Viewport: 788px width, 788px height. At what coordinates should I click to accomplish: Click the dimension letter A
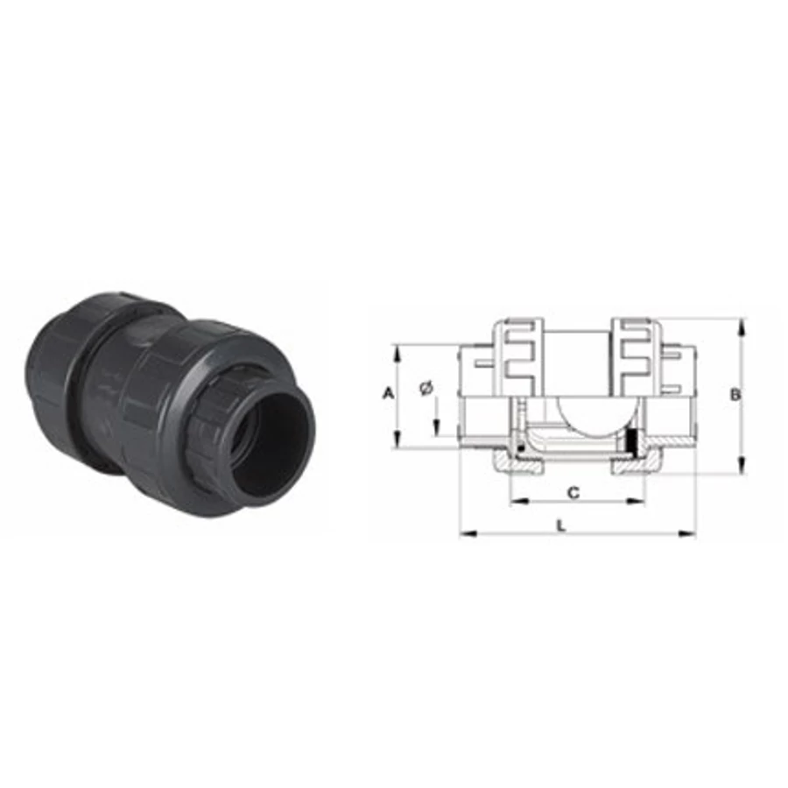click(x=388, y=393)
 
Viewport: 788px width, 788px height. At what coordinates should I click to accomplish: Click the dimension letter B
click(x=735, y=395)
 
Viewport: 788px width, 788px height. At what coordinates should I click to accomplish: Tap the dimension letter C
click(x=573, y=493)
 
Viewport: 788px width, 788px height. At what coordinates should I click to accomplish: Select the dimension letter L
click(x=561, y=526)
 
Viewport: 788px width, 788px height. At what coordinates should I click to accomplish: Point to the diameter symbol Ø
click(x=426, y=389)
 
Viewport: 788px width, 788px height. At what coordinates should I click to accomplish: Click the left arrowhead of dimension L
click(x=468, y=533)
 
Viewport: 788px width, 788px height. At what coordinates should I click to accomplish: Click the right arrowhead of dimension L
click(x=687, y=533)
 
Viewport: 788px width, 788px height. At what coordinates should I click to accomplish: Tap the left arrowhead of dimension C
click(x=518, y=501)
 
